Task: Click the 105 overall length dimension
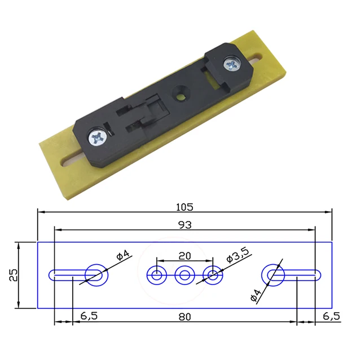tap(185, 206)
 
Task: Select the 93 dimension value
tap(184, 225)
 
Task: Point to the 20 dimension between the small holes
tap(184, 255)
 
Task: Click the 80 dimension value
tap(185, 317)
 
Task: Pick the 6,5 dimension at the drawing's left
tap(89, 317)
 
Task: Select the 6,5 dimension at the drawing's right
tap(331, 317)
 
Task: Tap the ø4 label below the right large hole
tap(254, 294)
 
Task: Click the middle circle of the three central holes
tap(184, 275)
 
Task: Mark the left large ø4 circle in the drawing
tap(96, 275)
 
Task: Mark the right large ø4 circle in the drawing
tap(274, 275)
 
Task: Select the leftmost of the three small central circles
tap(156, 275)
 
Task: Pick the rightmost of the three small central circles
tap(213, 275)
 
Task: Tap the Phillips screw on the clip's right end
tap(232, 64)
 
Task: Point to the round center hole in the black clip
tap(181, 92)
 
